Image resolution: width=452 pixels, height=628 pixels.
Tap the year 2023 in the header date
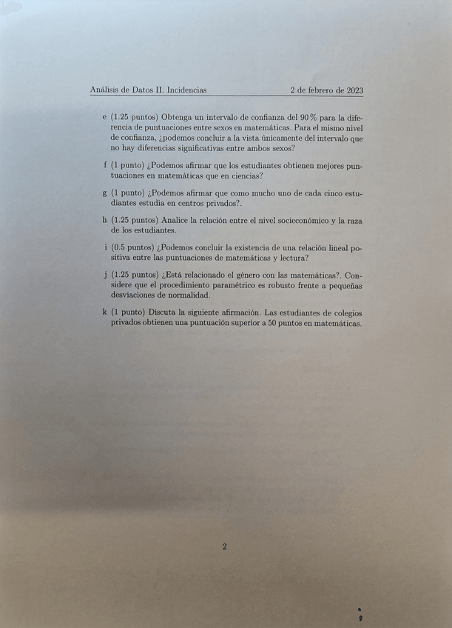[352, 90]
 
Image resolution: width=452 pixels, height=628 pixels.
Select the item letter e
[104, 117]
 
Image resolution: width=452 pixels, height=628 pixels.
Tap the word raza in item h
[353, 220]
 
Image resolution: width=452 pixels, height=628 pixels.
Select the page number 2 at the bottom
[224, 547]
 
